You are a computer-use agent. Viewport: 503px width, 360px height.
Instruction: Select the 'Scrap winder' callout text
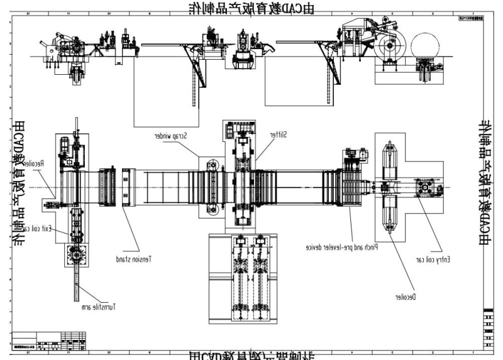[x=173, y=136]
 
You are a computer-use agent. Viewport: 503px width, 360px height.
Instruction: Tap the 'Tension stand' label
[x=134, y=258]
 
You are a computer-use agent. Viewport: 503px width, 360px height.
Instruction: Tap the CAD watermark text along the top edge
[x=251, y=8]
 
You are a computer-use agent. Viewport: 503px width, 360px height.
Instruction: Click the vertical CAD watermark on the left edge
[x=19, y=182]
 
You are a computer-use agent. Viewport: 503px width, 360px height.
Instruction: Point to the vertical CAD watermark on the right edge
[x=486, y=182]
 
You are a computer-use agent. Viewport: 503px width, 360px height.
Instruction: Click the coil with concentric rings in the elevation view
[x=391, y=46]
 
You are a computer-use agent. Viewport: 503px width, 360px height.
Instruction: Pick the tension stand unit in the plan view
[x=129, y=187]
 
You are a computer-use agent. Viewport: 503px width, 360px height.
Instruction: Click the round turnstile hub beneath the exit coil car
[x=77, y=256]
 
